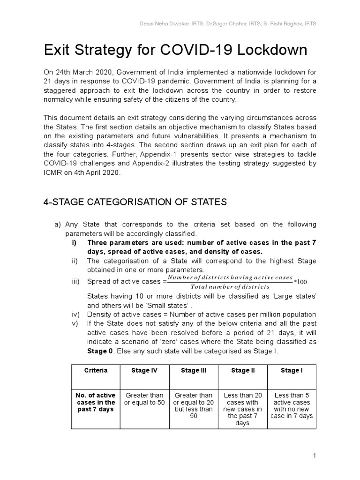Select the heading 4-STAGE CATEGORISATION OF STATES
coord(135,202)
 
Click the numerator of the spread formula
coord(230,278)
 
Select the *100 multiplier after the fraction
coord(300,282)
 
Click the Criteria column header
coord(96,370)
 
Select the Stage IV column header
coord(144,370)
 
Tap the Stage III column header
coord(194,370)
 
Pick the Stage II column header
coord(243,370)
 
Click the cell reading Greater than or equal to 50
coord(144,399)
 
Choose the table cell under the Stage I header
coord(292,406)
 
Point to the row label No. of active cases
coord(96,402)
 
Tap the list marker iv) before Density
coord(75,315)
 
